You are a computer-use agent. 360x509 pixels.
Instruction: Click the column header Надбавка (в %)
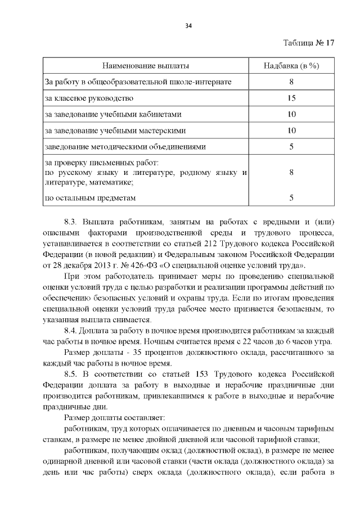point(291,66)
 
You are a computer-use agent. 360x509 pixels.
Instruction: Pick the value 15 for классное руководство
point(291,98)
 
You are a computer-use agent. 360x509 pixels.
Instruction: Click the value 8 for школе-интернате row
point(291,82)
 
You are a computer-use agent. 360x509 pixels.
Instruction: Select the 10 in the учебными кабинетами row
point(291,114)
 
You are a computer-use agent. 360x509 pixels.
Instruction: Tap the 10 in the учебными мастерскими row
point(291,130)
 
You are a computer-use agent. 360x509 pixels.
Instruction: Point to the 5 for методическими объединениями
point(291,147)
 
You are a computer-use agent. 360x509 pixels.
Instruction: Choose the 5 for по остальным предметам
point(291,197)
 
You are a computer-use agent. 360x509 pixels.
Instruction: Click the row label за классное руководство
point(89,98)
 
